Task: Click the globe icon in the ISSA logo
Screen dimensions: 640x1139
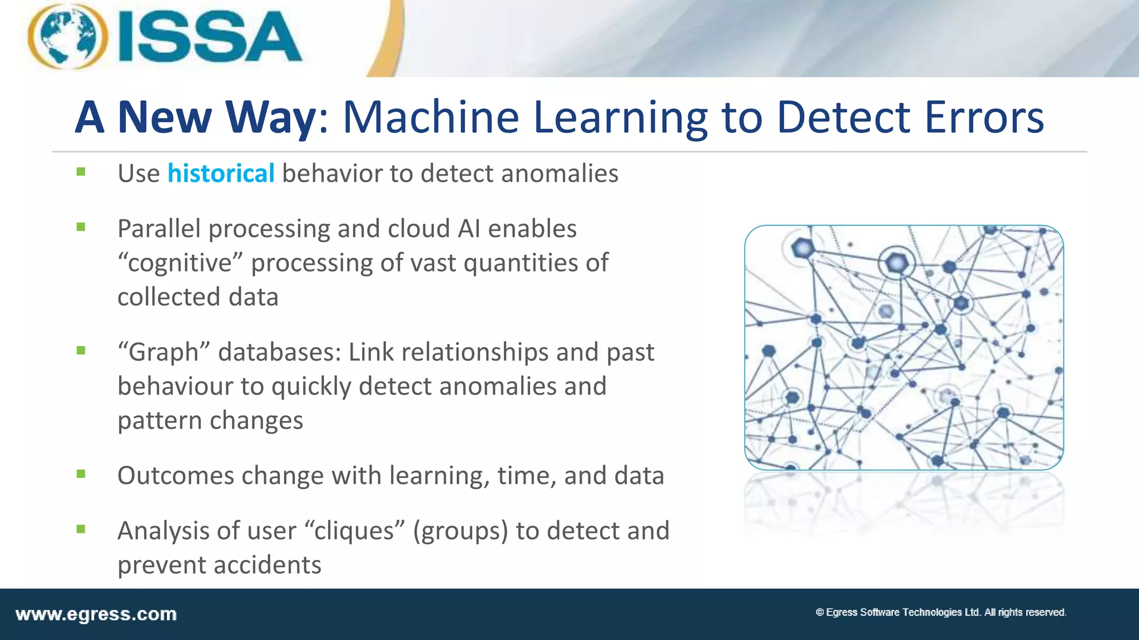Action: click(x=68, y=37)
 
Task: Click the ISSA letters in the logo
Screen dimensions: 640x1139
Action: click(x=210, y=38)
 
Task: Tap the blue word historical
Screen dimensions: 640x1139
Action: click(x=221, y=173)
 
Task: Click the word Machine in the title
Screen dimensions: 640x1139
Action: click(x=430, y=117)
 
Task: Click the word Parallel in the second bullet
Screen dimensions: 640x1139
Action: click(x=159, y=229)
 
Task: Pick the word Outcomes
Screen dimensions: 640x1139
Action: click(x=175, y=476)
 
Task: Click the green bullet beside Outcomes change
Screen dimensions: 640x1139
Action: click(x=81, y=474)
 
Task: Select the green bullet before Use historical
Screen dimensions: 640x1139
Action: click(x=81, y=172)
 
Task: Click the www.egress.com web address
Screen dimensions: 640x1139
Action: click(x=96, y=614)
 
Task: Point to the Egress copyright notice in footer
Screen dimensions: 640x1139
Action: click(x=940, y=612)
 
